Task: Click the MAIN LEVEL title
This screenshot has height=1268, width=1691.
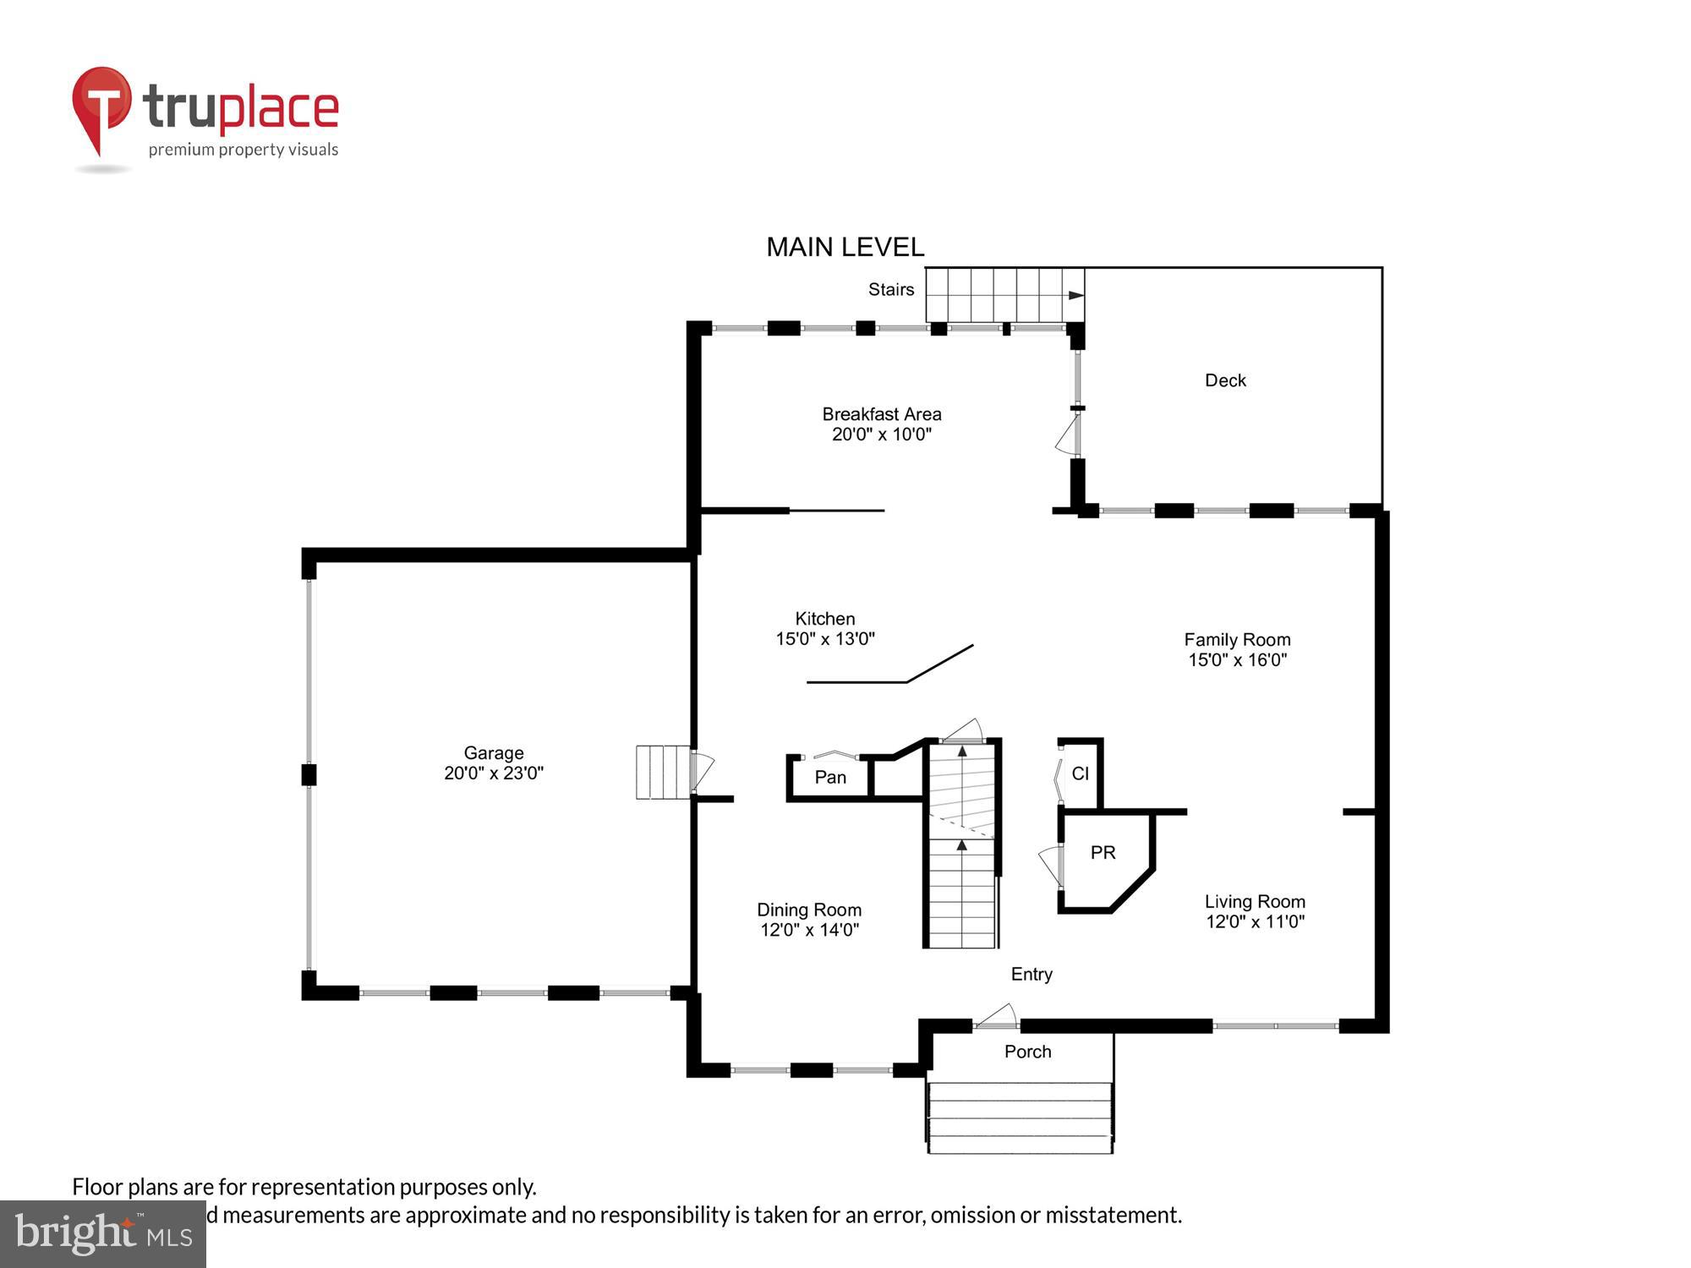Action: (845, 247)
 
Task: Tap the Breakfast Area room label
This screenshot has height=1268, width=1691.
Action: (881, 414)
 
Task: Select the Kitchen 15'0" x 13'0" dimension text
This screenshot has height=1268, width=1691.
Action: (825, 639)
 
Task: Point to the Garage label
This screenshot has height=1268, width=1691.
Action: (494, 752)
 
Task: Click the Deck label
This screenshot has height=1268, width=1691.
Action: (1225, 380)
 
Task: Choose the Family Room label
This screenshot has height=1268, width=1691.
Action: (1237, 640)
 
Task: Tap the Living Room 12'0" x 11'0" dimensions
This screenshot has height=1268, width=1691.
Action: (1255, 921)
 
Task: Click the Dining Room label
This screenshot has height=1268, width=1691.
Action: (809, 910)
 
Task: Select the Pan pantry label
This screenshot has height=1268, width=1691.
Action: (830, 777)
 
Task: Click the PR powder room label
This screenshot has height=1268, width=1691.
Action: (1103, 852)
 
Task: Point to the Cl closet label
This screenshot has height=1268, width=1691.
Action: (1080, 773)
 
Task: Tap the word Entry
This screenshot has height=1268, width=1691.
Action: (1032, 974)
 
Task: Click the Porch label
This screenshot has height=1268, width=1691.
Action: (1027, 1052)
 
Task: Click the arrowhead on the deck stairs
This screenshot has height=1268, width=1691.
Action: (1075, 295)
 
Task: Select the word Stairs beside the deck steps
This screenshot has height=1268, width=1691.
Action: (891, 289)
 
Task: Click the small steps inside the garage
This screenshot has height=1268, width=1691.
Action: (663, 771)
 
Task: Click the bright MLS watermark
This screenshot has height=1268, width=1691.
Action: (103, 1233)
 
